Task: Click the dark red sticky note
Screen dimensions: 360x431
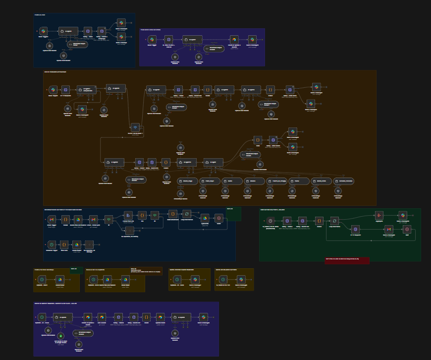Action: (347, 260)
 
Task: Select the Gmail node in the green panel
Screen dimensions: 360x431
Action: (389, 229)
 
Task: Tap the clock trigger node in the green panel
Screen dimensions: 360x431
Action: (270, 221)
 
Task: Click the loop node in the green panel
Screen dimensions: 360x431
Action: (334, 221)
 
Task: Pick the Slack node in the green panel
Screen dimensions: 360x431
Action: (402, 215)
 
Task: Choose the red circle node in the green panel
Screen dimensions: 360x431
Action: (407, 229)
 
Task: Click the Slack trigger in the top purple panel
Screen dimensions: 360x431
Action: (152, 39)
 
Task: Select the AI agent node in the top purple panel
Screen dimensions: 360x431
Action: (192, 40)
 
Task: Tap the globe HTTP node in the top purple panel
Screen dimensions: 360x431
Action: (168, 39)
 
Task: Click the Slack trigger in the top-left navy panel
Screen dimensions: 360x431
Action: (44, 31)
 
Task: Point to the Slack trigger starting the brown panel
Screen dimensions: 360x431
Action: (53, 90)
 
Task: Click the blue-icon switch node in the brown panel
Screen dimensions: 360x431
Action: (135, 127)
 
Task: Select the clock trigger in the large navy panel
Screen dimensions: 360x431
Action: (52, 244)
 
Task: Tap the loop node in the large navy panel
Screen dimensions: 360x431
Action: (186, 214)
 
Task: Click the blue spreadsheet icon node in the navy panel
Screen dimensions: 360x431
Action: (128, 215)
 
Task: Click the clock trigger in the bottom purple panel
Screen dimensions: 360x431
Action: (42, 317)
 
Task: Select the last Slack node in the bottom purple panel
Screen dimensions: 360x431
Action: (203, 317)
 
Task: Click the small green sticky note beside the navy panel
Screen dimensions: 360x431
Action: (233, 214)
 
